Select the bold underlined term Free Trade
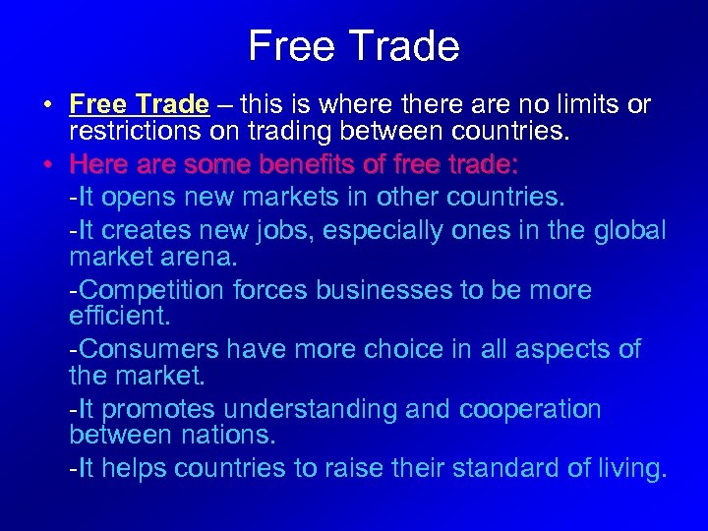click(140, 104)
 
